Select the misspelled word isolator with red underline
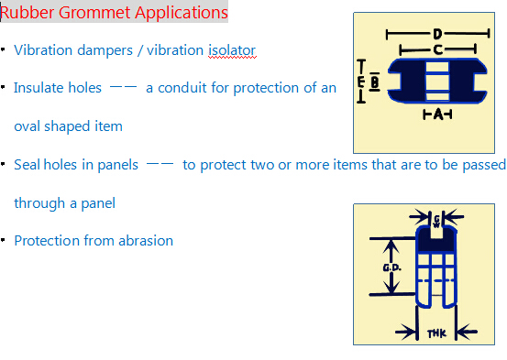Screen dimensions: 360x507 tap(231, 50)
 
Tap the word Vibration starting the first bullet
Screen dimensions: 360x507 tap(42, 50)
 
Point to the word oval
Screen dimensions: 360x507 tap(28, 126)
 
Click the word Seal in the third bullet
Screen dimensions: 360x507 tap(28, 165)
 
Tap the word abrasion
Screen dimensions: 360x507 tap(147, 241)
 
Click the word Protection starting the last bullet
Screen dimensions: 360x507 tap(44, 241)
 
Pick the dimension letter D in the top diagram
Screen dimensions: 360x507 tap(436, 34)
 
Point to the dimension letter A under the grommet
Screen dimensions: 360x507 tap(438, 115)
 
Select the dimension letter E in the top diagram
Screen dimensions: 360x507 tap(362, 82)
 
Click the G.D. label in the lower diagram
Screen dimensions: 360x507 tap(390, 267)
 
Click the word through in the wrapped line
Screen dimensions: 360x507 tap(39, 203)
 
